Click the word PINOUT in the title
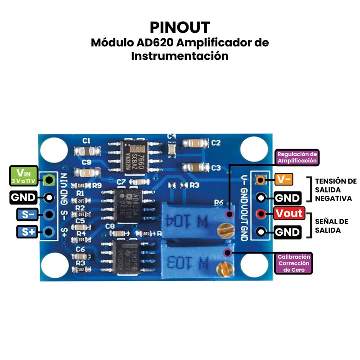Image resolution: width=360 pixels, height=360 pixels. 180,27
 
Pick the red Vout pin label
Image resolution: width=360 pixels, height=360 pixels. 289,213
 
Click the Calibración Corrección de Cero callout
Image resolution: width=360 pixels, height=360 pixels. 294,263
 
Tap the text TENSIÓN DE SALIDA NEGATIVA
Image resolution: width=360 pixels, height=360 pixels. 335,189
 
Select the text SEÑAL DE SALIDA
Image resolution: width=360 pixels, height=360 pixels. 331,226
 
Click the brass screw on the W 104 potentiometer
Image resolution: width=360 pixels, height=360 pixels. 225,230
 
